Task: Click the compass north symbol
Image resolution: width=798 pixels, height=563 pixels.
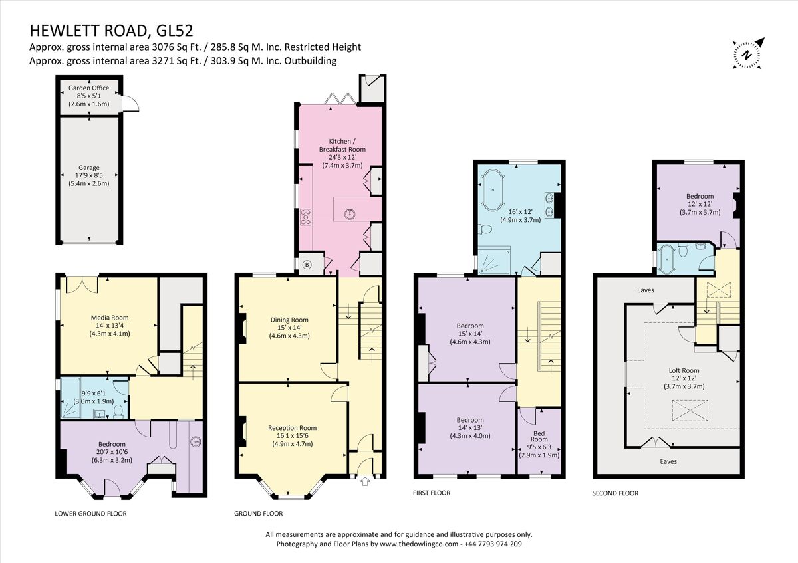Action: click(747, 54)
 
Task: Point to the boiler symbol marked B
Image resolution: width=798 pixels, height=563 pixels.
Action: click(307, 265)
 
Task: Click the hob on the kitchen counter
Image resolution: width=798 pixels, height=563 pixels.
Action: click(307, 216)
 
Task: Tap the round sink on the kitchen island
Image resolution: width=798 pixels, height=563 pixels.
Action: click(349, 213)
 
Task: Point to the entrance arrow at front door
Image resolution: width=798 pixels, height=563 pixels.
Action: click(364, 483)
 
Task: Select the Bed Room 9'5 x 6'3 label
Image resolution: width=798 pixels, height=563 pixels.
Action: click(539, 443)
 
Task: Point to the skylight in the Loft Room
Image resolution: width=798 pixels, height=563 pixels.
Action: click(690, 411)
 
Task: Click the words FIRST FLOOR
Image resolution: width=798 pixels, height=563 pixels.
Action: click(432, 493)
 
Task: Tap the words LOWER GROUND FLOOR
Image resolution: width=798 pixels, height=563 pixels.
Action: click(90, 514)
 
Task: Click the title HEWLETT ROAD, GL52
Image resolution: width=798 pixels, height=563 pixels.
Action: click(112, 31)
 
